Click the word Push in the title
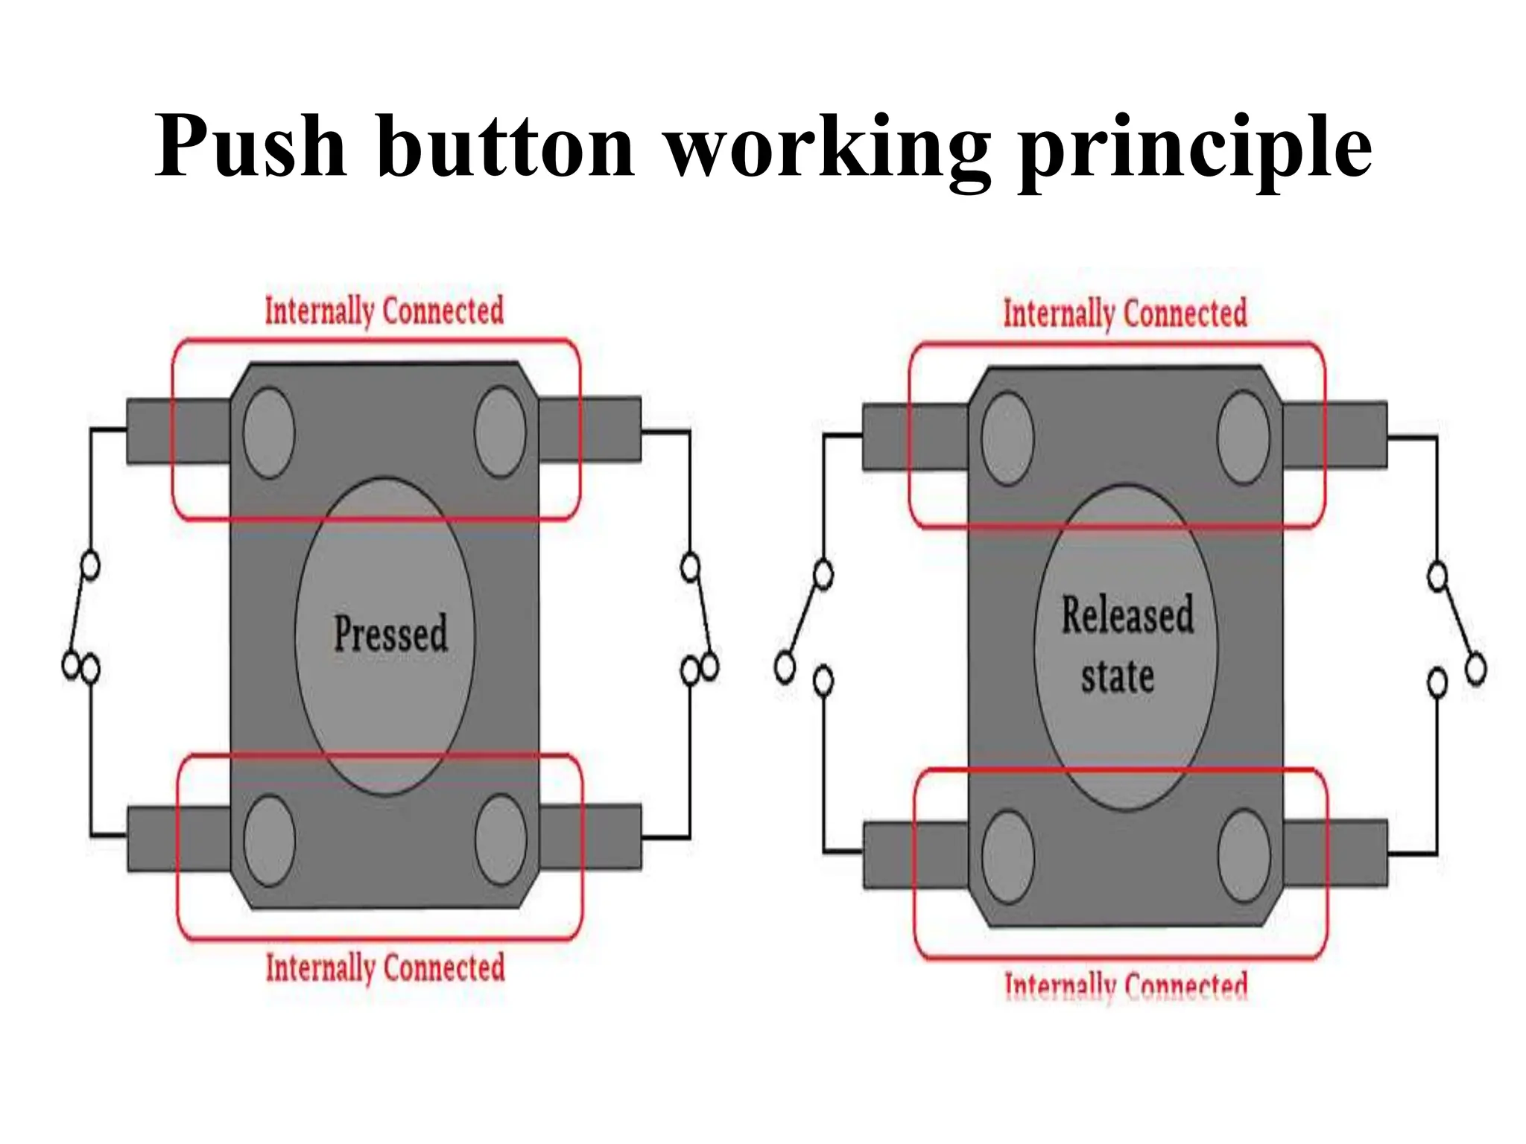click(250, 146)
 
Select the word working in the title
click(826, 149)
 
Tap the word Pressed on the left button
click(390, 635)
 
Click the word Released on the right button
click(1127, 616)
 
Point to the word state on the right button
click(1118, 676)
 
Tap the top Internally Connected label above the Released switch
click(1124, 314)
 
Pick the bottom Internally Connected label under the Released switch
click(1126, 985)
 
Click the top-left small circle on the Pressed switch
click(269, 432)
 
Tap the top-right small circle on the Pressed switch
click(500, 431)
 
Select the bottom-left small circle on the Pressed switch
click(269, 840)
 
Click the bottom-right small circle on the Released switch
click(1244, 856)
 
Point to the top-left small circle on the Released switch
click(1007, 438)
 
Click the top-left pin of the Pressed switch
click(178, 432)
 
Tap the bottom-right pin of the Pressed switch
click(590, 837)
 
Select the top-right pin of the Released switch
click(1335, 436)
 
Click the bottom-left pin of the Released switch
click(915, 855)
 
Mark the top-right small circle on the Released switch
click(1243, 437)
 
